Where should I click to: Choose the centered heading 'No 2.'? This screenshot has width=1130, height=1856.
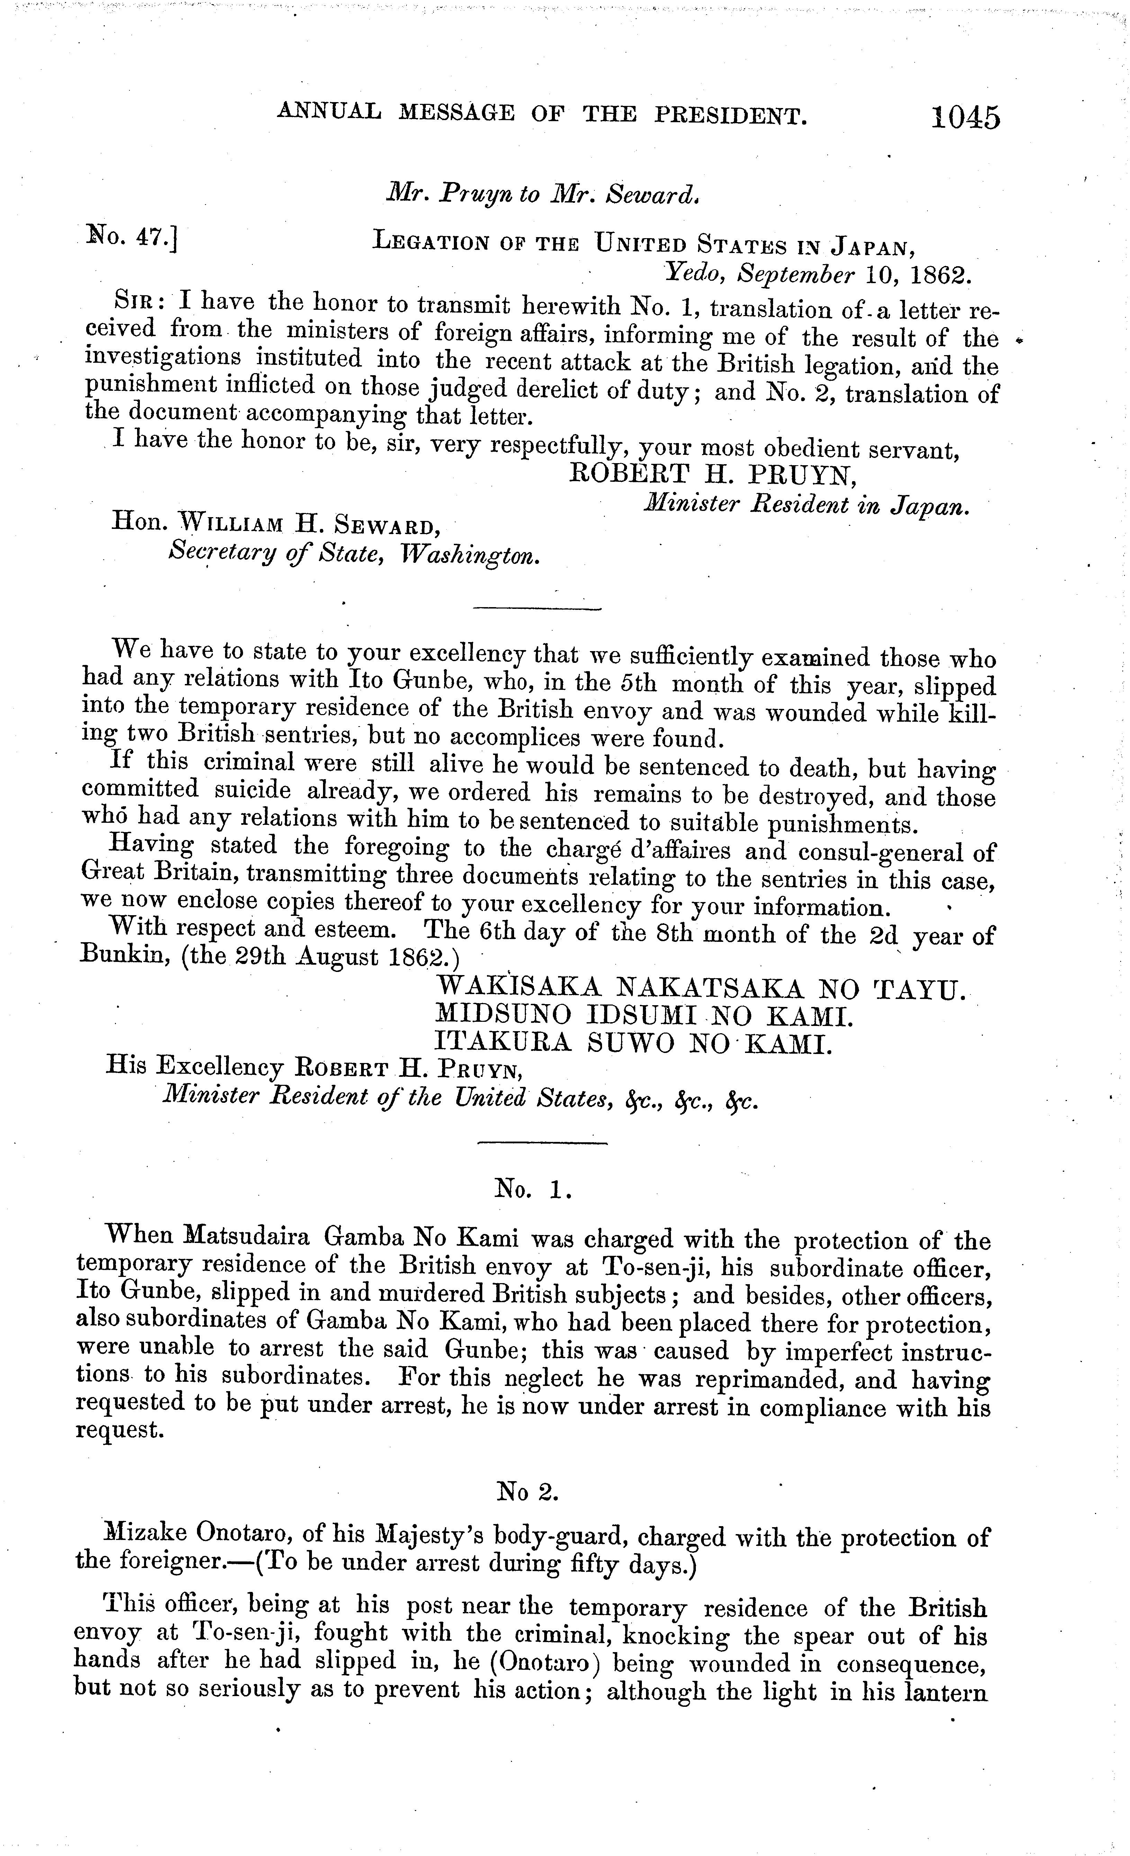pos(527,1490)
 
